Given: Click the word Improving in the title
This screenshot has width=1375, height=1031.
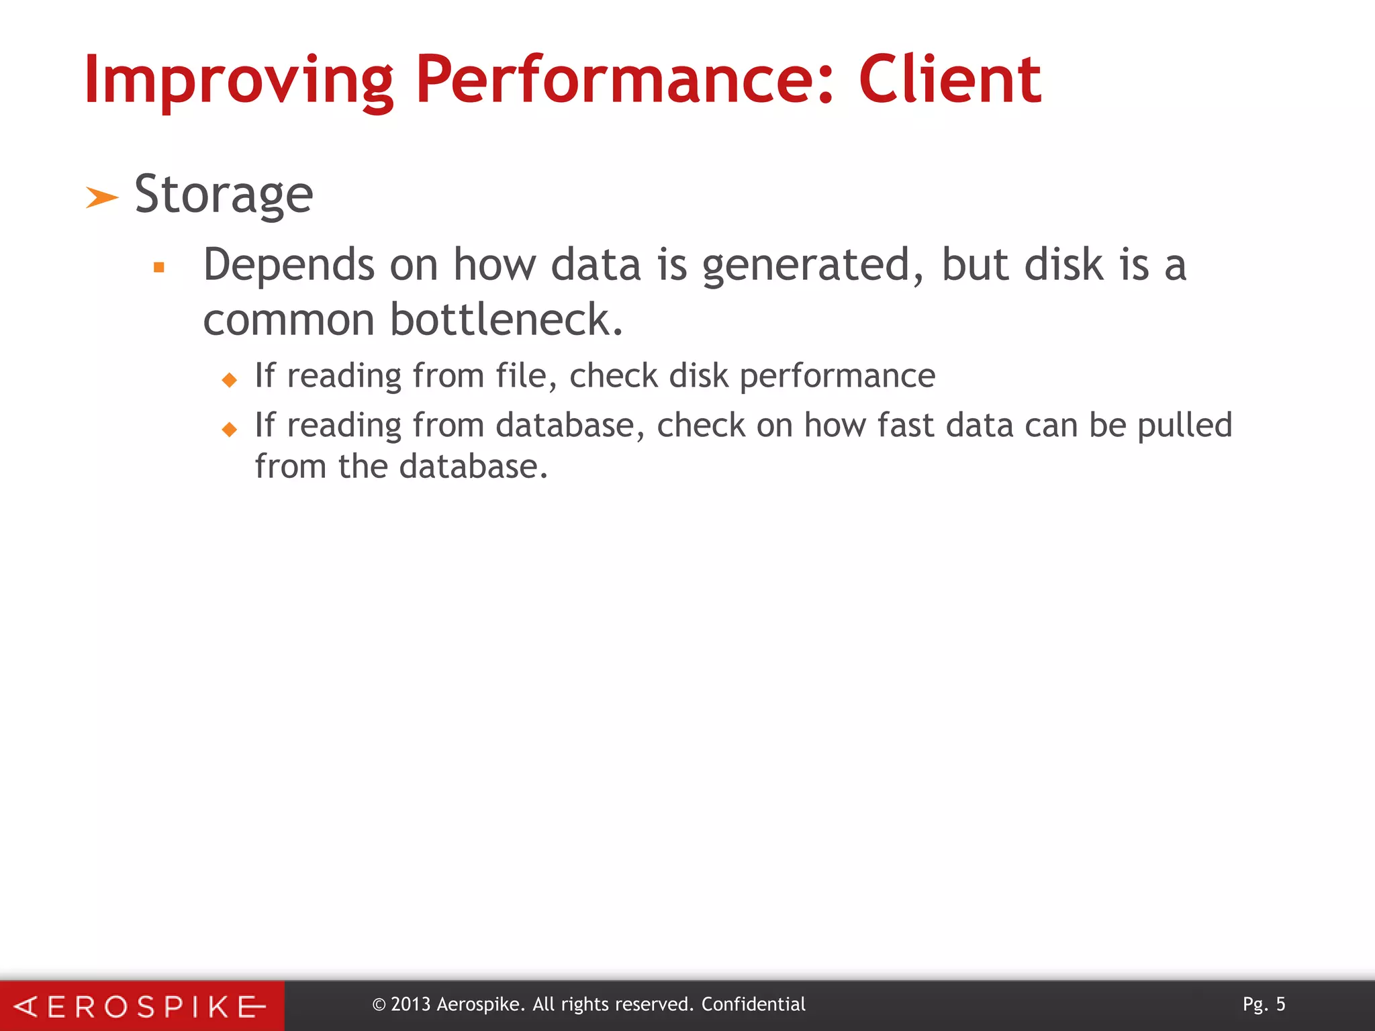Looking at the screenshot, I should click(238, 81).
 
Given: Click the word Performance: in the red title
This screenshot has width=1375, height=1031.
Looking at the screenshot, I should click(624, 81).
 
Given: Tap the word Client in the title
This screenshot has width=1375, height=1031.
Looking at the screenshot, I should click(949, 81).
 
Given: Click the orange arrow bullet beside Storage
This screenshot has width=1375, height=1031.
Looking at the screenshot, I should click(102, 198).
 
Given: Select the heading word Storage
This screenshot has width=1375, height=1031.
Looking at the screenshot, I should click(224, 195).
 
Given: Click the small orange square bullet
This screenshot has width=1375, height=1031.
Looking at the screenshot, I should click(159, 268).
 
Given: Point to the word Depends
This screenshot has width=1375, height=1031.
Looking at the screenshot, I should click(288, 265).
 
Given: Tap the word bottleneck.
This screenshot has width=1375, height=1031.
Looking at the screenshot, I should click(507, 320).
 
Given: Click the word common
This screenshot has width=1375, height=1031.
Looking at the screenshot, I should click(288, 320).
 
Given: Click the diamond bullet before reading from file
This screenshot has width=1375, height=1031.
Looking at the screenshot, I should click(230, 380).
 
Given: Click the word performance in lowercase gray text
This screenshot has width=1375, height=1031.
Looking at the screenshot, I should click(837, 376).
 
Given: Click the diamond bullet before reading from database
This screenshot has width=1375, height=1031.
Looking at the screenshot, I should click(230, 430).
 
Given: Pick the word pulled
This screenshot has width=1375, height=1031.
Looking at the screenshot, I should click(1184, 426).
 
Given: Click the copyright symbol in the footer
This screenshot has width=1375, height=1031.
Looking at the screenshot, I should click(379, 1005).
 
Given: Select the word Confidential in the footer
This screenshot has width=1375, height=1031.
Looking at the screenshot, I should click(753, 1004).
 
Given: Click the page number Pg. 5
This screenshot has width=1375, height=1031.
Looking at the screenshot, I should click(1264, 1004).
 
